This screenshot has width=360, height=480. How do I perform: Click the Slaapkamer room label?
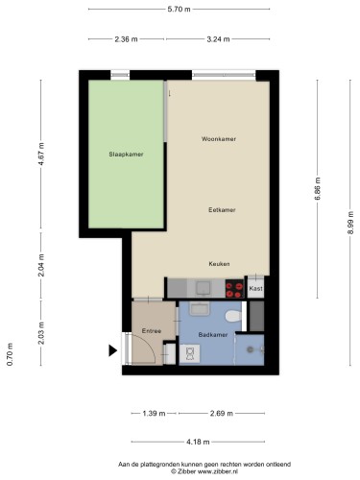click(x=126, y=155)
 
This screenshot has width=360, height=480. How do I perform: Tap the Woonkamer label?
click(x=219, y=139)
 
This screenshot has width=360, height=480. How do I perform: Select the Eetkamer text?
click(x=222, y=210)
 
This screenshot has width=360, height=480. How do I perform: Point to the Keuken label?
click(x=219, y=264)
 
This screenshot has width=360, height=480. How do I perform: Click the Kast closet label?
click(x=255, y=288)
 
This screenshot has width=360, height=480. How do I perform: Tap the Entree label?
click(x=152, y=331)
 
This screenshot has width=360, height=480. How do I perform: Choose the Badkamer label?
click(x=213, y=335)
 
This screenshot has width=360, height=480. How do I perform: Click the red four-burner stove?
click(x=234, y=289)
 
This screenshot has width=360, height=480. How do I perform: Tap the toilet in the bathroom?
click(x=233, y=317)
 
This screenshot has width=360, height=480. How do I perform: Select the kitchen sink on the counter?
click(x=203, y=288)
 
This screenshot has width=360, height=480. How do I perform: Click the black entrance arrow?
click(x=112, y=350)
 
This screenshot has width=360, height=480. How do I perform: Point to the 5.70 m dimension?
click(x=179, y=10)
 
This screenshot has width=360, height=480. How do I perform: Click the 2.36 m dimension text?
click(x=127, y=39)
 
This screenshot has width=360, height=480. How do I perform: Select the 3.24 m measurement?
click(x=218, y=39)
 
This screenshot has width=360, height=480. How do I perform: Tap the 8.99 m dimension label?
click(x=350, y=223)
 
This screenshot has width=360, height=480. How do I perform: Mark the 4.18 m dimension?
click(x=198, y=442)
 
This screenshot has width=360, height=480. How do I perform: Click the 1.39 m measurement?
click(x=154, y=414)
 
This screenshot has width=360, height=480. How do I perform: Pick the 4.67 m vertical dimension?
click(x=41, y=154)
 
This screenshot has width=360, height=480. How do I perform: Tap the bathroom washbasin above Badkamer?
click(x=200, y=308)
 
